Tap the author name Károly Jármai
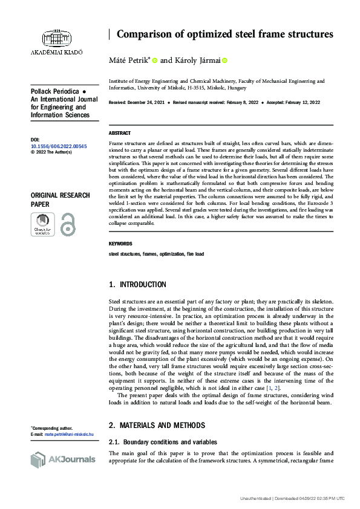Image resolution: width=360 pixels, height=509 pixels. [x=197, y=60]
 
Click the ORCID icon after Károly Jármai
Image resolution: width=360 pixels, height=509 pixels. [x=225, y=60]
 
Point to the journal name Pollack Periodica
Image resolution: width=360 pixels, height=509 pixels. [x=52, y=91]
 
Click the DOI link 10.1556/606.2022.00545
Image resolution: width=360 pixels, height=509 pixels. [x=58, y=146]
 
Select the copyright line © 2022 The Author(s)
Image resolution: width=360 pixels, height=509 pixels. [x=51, y=152]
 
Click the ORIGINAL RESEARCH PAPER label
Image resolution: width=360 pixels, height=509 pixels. [x=60, y=199]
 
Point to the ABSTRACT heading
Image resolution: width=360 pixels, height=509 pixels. [x=119, y=132]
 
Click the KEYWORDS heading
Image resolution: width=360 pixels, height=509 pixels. [x=120, y=244]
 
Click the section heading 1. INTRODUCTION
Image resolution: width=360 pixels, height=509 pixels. [x=137, y=284]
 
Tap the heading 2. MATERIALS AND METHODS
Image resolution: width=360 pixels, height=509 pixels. [x=157, y=425]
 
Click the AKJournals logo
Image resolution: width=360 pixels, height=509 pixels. [x=63, y=459]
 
